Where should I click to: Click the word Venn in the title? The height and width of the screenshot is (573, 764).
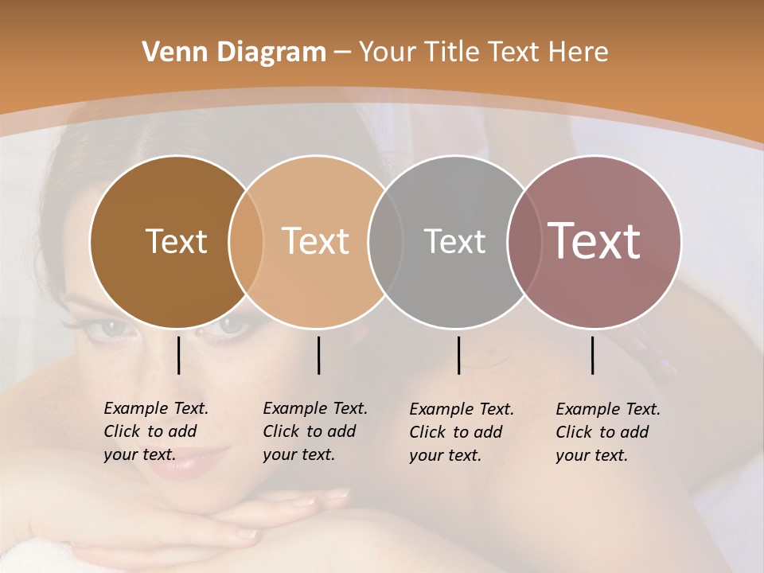[166, 53]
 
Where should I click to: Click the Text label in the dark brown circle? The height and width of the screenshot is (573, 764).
[176, 241]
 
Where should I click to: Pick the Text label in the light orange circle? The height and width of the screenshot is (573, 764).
[315, 241]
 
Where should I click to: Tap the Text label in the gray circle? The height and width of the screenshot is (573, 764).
[454, 241]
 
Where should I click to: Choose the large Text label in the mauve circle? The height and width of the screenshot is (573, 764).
[594, 241]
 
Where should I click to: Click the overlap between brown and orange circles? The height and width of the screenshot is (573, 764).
[246, 242]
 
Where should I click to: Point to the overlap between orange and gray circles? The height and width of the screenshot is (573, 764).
[385, 242]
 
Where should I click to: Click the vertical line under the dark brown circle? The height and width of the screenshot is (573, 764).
[178, 355]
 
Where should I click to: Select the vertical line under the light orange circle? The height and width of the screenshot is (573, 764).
[318, 355]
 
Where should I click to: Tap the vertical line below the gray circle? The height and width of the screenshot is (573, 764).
[458, 355]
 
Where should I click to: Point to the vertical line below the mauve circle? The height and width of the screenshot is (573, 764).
[592, 355]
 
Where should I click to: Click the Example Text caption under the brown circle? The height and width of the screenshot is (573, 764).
[156, 431]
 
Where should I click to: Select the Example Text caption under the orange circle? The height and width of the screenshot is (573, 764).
[315, 431]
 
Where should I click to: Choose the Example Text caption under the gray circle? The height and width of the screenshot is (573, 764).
[462, 432]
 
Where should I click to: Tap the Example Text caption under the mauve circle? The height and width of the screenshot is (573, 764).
[608, 432]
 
